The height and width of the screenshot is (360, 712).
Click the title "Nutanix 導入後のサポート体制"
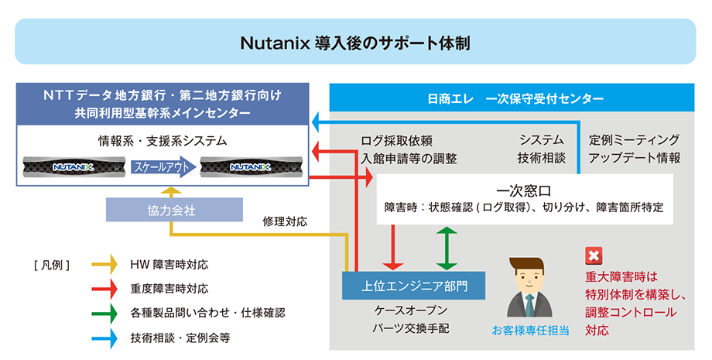tap(355, 42)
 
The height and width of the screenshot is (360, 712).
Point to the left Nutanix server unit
tap(74, 166)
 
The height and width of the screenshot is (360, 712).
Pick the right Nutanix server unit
tap(249, 166)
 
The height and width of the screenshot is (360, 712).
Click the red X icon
tap(594, 256)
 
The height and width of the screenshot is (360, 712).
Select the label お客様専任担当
tap(530, 331)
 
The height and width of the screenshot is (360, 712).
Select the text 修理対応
tap(285, 221)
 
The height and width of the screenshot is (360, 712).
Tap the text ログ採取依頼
tap(396, 140)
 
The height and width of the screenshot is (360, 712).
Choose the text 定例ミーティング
tap(634, 140)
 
